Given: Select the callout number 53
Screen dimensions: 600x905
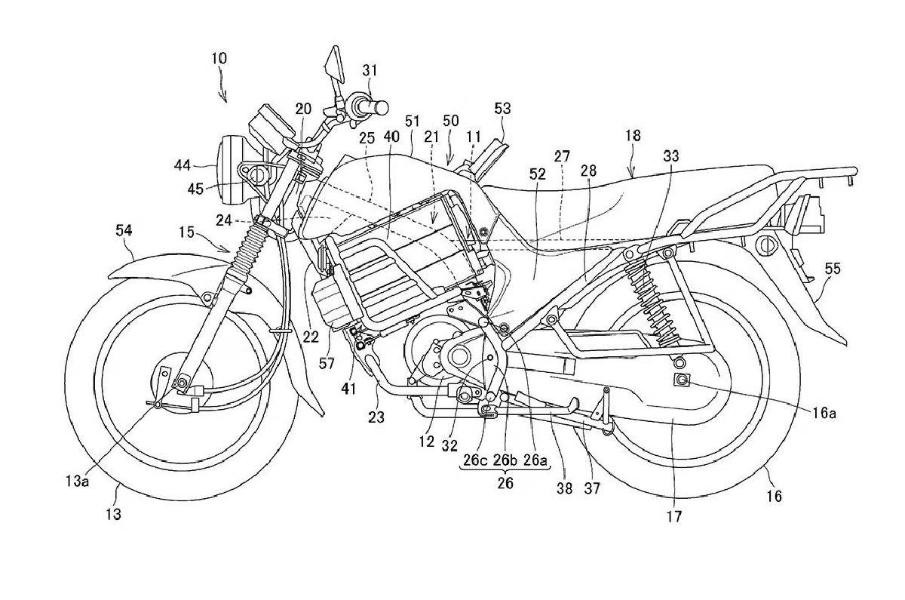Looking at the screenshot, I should [502, 109].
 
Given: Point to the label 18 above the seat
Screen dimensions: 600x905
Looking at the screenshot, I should [633, 136].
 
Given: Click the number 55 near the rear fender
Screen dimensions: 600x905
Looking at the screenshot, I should [832, 269].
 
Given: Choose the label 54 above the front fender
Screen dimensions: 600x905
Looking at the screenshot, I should [125, 229].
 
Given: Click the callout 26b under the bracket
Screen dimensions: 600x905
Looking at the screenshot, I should [505, 460].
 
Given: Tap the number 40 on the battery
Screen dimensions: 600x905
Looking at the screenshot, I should [390, 137].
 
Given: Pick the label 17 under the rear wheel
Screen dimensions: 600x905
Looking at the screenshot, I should [673, 517].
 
